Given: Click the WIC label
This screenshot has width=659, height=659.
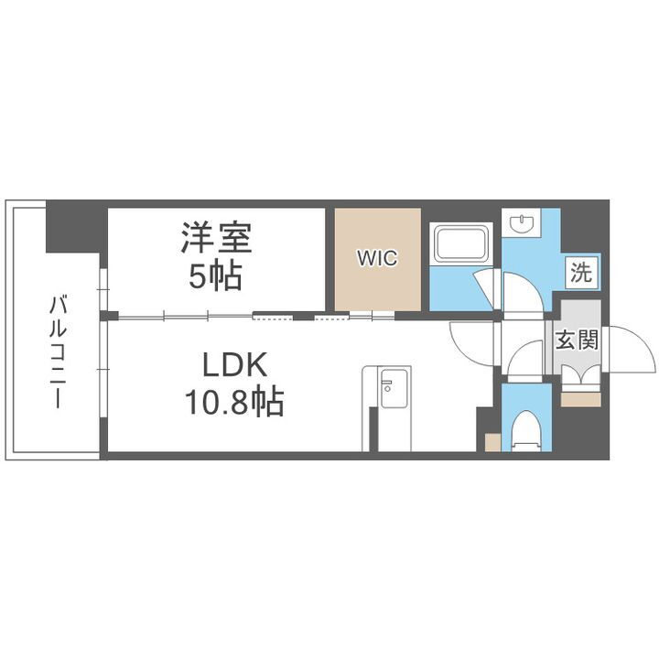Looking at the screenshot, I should click(x=378, y=258).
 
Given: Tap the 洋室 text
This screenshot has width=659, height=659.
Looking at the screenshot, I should click(x=216, y=239).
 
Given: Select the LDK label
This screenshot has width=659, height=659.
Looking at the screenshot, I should click(x=234, y=366).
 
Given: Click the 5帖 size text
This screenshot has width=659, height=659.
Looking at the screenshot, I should click(x=216, y=275).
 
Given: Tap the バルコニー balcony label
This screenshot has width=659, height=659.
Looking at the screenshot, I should click(x=56, y=353).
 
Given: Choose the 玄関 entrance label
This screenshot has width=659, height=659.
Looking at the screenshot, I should click(x=577, y=340).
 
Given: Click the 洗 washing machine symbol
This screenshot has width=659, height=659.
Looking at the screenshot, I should click(x=580, y=271).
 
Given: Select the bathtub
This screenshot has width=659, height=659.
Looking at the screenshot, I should click(x=463, y=244).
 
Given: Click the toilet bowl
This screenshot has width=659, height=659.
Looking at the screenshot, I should click(x=525, y=429).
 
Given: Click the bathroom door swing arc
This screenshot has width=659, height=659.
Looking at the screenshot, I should click(x=487, y=288).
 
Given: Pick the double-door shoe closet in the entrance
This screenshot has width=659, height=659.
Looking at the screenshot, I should click(x=577, y=376).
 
